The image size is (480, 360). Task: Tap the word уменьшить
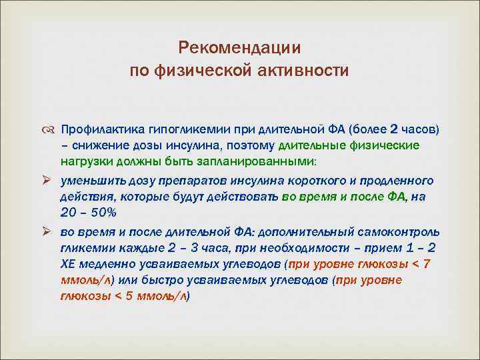89,180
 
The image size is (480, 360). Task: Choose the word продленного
396,180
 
